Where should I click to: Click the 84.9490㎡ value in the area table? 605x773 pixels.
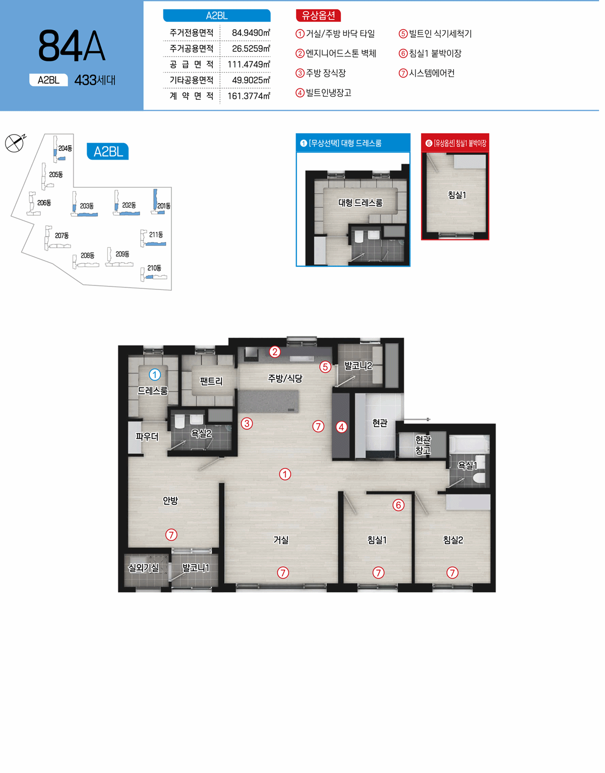(251, 33)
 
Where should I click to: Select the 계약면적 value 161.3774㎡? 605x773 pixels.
(249, 96)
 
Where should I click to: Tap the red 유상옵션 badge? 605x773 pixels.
(318, 15)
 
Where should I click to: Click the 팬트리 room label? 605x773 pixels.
(211, 381)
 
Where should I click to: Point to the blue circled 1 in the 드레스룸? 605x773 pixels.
(155, 374)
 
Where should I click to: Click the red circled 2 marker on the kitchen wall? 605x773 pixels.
(275, 352)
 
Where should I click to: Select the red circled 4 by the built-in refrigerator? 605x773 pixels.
(341, 427)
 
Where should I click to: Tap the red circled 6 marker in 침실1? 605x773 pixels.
(398, 505)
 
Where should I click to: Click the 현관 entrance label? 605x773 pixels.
(380, 423)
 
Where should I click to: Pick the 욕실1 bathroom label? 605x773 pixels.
(467, 465)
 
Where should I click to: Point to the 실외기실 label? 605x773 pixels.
(144, 568)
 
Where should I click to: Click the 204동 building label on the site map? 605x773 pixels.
(66, 148)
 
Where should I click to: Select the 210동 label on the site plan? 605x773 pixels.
(154, 268)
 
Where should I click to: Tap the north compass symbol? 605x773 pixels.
(15, 143)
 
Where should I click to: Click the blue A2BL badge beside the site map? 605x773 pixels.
(108, 152)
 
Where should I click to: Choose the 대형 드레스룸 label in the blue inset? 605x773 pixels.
(360, 203)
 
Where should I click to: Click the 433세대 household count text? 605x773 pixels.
(95, 80)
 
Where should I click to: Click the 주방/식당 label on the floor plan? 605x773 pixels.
(285, 378)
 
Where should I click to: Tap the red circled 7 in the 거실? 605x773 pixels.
(283, 573)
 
